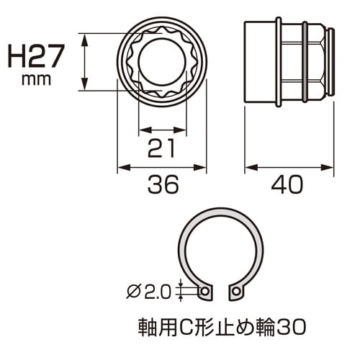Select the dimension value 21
(161, 148)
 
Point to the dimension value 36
(161, 186)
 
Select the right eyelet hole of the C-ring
(235, 292)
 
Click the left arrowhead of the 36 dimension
(121, 169)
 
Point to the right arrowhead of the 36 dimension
(202, 169)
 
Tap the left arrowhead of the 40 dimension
(249, 169)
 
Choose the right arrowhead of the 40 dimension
(330, 169)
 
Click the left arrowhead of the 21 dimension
(141, 130)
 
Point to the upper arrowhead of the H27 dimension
(86, 37)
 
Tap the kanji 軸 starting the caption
(145, 325)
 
